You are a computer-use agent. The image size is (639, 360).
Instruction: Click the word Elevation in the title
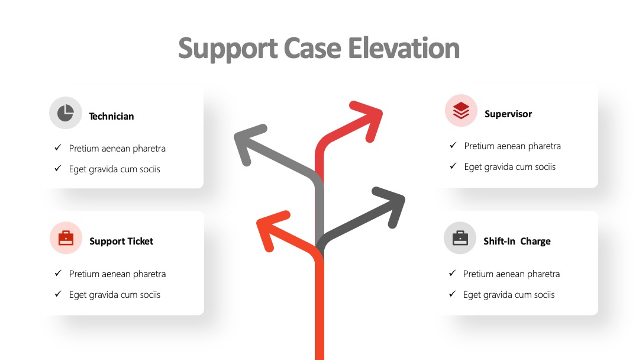click(404, 48)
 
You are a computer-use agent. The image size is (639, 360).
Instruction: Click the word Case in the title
click(312, 48)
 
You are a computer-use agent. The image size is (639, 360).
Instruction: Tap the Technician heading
click(111, 116)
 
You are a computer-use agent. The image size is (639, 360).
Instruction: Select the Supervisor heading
click(508, 114)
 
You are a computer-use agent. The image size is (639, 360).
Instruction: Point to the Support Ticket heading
click(121, 241)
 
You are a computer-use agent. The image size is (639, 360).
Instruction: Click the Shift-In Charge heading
click(517, 241)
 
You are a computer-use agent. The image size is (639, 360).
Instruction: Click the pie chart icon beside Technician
click(66, 113)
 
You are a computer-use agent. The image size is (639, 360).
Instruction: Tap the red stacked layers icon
click(461, 111)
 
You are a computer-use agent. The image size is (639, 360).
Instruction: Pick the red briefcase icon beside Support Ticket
click(66, 238)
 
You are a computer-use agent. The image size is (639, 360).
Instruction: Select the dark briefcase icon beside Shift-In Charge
click(460, 238)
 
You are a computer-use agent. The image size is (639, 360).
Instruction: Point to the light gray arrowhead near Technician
click(248, 143)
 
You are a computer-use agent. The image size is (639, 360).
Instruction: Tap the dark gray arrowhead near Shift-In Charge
click(391, 205)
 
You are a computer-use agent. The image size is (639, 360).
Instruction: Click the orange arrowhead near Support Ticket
click(270, 229)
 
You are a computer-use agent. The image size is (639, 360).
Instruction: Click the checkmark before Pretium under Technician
click(58, 147)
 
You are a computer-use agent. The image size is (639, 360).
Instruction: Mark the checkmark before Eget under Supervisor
click(453, 166)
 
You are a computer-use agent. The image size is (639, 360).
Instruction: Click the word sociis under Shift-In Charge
click(544, 294)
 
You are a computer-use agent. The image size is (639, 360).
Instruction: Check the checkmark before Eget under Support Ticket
click(58, 294)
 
